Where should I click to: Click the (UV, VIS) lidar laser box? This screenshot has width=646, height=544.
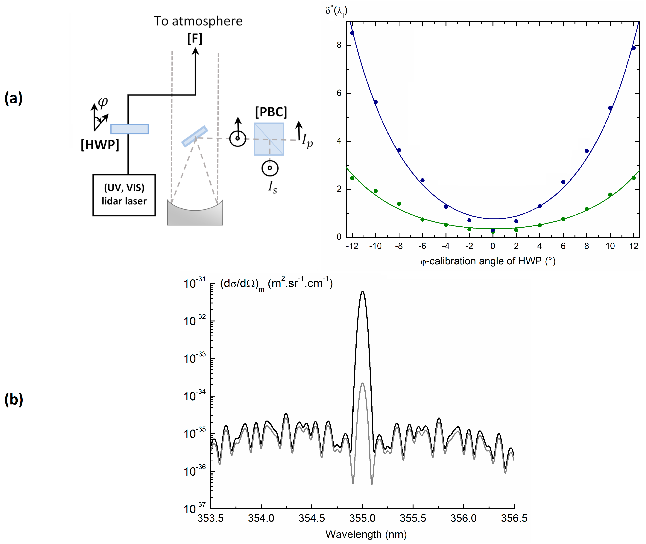click(124, 195)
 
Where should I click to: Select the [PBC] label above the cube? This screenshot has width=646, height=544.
click(271, 112)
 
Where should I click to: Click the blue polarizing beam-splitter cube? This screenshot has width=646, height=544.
click(269, 139)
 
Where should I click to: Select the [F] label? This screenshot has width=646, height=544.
click(195, 39)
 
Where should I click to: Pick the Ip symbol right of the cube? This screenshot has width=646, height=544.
click(307, 140)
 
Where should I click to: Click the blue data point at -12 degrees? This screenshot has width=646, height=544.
click(352, 33)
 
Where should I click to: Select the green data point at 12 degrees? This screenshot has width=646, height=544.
click(633, 178)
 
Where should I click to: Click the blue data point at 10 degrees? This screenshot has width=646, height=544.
click(610, 108)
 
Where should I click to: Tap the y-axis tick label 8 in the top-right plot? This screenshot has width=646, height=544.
click(339, 45)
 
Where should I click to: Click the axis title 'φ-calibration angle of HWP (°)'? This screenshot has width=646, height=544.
click(488, 261)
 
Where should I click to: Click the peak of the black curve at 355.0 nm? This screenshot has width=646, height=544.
click(362, 291)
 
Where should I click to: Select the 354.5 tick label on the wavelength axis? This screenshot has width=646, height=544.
click(312, 518)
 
